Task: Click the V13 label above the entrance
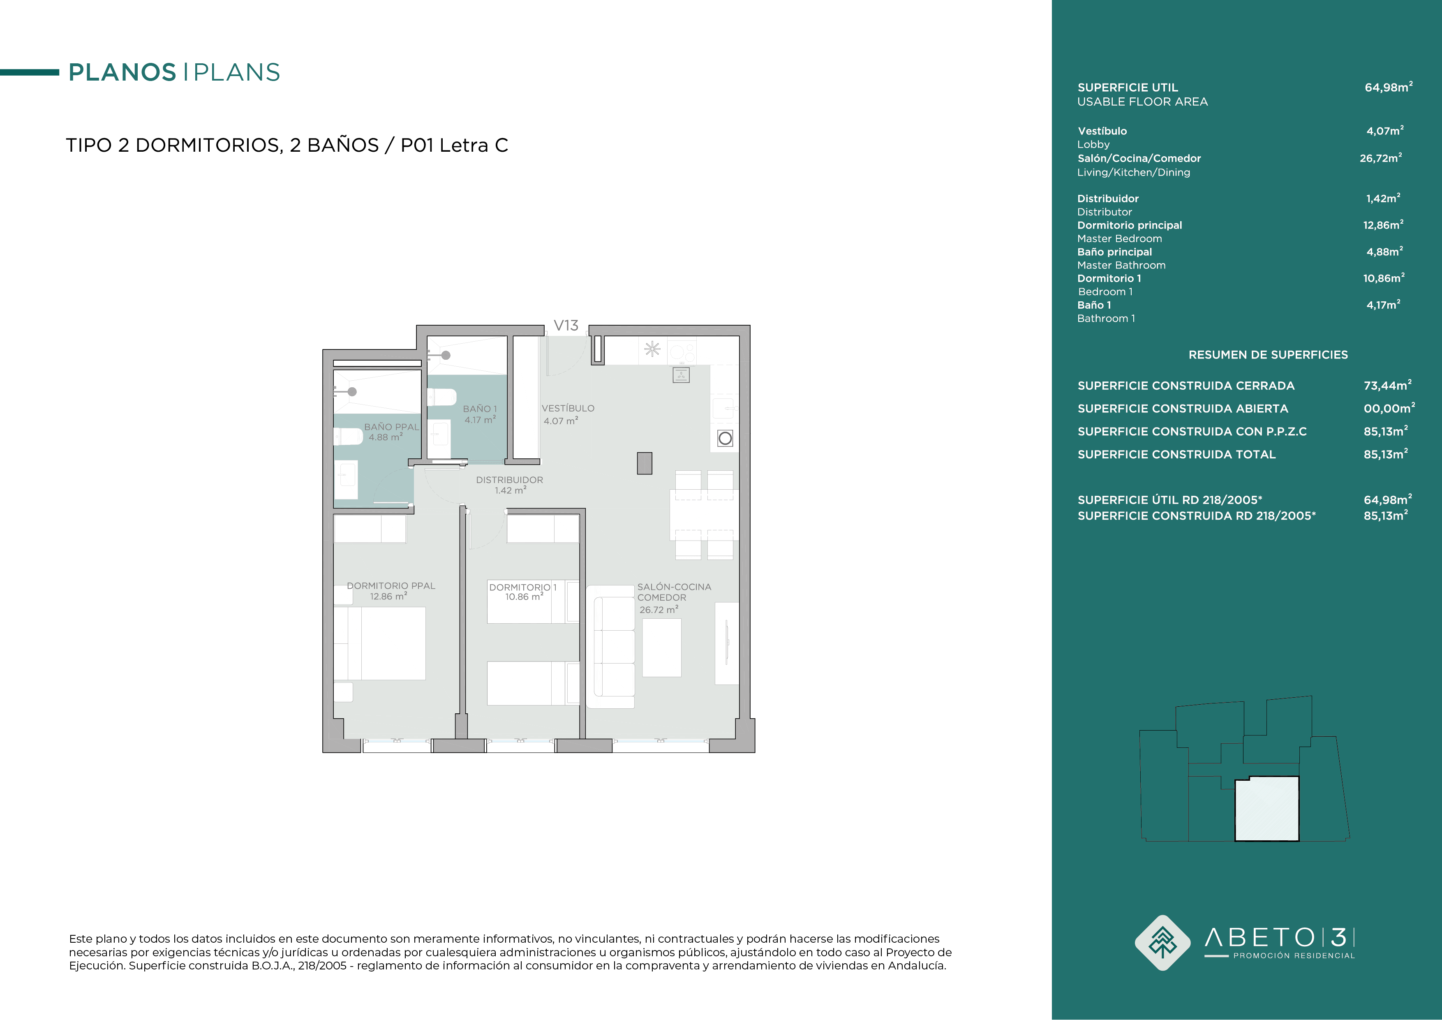(x=566, y=325)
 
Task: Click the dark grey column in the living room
(x=645, y=463)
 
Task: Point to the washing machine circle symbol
(x=726, y=438)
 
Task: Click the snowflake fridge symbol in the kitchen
(x=652, y=349)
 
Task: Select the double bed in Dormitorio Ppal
(x=380, y=643)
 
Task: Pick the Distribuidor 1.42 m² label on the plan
(x=509, y=485)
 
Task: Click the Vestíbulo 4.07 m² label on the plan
(x=568, y=414)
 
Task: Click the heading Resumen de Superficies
(x=1268, y=355)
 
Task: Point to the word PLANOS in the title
(x=122, y=72)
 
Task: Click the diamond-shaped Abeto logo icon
(x=1162, y=943)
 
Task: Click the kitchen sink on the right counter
(x=724, y=408)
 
